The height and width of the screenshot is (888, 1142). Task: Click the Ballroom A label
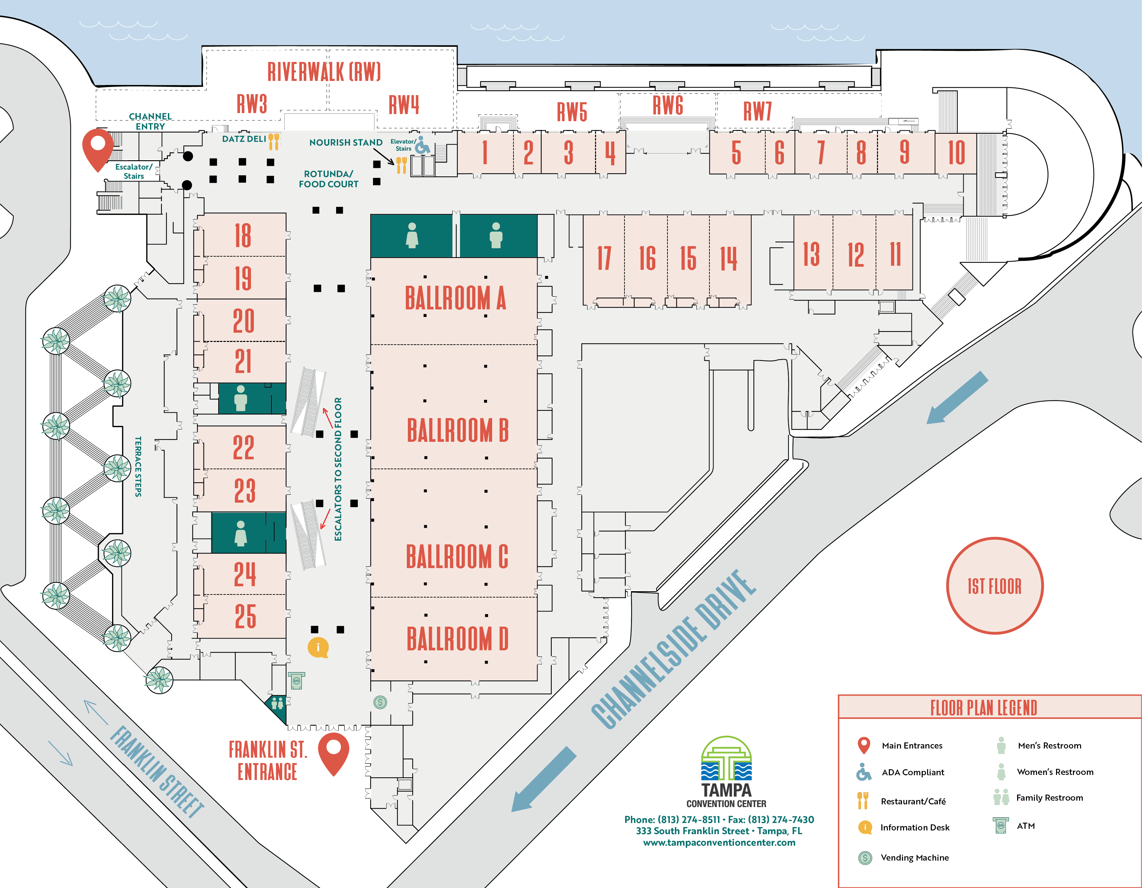coord(456,298)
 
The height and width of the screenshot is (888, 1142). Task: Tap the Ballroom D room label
coord(458,638)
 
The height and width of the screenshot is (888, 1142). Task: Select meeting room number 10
coord(957,152)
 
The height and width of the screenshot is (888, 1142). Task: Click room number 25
coord(245,616)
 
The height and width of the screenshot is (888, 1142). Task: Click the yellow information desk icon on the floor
coord(318,647)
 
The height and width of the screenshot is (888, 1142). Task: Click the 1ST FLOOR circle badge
coord(994,586)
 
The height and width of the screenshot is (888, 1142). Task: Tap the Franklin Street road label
coord(157,772)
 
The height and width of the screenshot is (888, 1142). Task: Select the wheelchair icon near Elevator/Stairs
coord(422,146)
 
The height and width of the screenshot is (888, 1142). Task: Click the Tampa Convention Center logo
coord(726,772)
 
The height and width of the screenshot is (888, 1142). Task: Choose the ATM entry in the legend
coord(1014,826)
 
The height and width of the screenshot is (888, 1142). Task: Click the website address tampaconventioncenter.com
coord(719,843)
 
